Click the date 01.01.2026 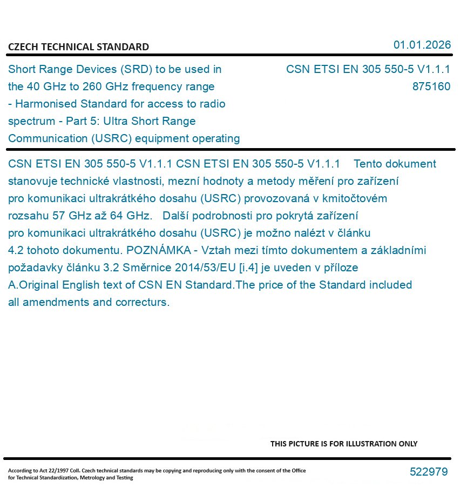[422, 45]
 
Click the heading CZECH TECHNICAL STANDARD [78, 47]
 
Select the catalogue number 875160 [431, 86]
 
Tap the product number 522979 [429, 472]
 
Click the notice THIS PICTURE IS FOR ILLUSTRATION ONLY [344, 444]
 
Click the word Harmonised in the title [43, 104]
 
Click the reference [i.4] [248, 268]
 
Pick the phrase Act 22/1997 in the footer [51, 471]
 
